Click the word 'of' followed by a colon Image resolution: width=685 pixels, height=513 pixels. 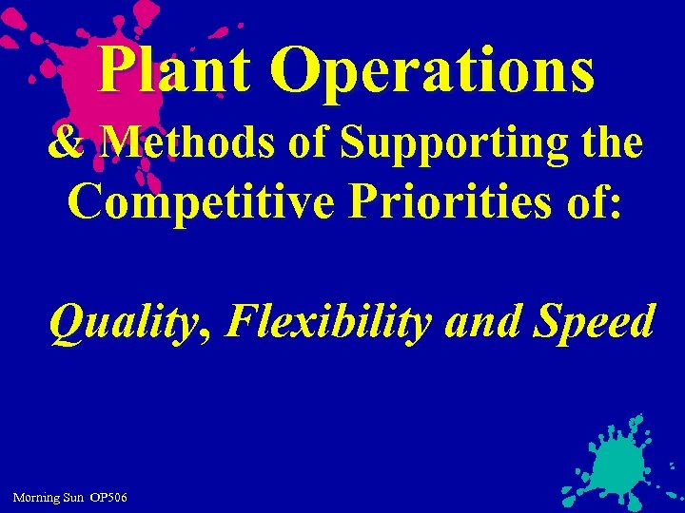pos(590,201)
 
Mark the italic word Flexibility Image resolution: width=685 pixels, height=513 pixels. pos(329,324)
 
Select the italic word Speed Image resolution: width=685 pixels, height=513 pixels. pos(596,324)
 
